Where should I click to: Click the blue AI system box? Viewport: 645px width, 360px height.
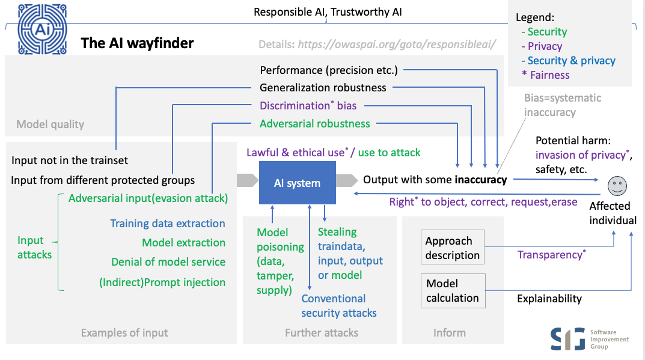(x=297, y=183)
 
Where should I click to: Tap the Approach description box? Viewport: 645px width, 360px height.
(x=452, y=248)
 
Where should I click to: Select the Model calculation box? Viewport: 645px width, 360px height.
(x=452, y=290)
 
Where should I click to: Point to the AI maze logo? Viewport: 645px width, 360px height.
(x=42, y=31)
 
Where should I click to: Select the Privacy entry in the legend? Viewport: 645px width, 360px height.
(x=545, y=46)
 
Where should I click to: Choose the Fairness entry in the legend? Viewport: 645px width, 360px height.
(x=549, y=75)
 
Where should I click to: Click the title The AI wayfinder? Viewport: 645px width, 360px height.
(x=137, y=43)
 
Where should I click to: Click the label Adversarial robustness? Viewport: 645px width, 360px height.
(x=314, y=124)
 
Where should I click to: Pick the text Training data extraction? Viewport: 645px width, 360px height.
(x=167, y=224)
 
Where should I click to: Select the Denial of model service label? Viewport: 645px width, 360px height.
(x=168, y=262)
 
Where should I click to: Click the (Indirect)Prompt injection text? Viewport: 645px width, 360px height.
(x=162, y=282)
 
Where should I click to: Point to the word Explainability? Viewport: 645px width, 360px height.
(x=549, y=299)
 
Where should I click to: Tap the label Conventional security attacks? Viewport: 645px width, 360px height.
(x=338, y=306)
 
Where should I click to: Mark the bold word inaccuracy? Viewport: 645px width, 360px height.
(x=480, y=180)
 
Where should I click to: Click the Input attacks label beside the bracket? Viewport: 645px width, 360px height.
(x=34, y=248)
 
